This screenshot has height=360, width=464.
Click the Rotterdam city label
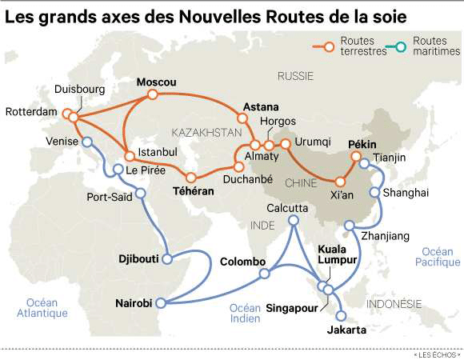(30, 113)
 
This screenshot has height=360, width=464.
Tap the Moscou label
(156, 82)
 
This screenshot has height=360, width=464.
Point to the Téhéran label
(194, 192)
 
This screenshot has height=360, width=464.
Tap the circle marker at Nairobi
(161, 302)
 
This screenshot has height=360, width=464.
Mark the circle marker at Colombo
(265, 274)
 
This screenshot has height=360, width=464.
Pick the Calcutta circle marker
(294, 221)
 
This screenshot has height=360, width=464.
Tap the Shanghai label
(406, 193)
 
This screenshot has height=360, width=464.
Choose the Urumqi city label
(312, 142)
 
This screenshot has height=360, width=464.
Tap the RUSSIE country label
(296, 76)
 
